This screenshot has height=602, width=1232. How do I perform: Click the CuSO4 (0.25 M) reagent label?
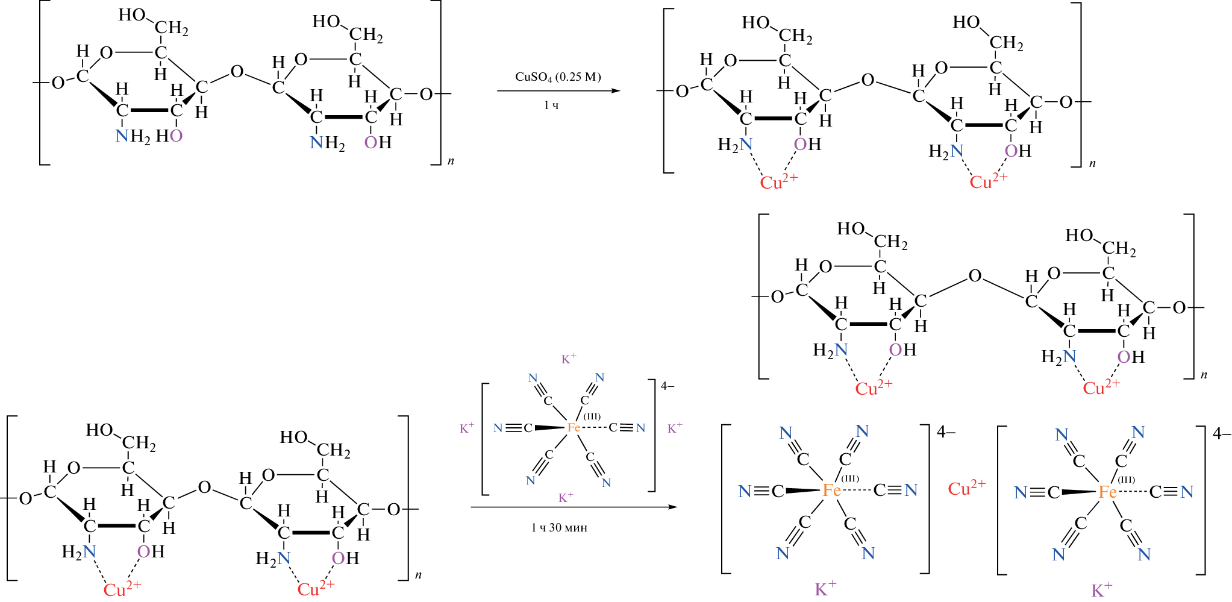tap(557, 77)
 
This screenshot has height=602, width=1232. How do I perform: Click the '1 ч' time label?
tap(551, 105)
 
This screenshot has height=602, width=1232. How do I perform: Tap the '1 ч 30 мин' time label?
tap(559, 528)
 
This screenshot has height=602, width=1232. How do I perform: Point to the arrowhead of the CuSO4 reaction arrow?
tap(615, 91)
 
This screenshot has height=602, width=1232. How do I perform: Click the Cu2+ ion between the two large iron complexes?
tap(966, 488)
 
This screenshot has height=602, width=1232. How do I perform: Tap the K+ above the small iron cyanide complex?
tap(569, 359)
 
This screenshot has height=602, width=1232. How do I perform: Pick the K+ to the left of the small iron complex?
tap(467, 428)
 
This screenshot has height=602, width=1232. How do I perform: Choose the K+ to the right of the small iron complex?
tap(675, 428)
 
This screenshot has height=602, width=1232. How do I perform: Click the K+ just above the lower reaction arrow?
tap(566, 498)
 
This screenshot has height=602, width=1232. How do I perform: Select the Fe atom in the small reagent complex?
tap(573, 427)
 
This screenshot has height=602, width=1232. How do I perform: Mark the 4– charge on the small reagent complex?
tap(668, 386)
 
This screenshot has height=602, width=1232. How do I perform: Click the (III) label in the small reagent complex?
tap(592, 416)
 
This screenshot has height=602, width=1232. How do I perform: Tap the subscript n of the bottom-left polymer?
tap(418, 575)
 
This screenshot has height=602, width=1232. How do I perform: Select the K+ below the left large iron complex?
tap(825, 589)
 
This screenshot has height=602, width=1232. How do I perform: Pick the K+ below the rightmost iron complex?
tap(1101, 589)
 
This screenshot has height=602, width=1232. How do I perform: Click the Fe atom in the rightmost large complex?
tap(1107, 492)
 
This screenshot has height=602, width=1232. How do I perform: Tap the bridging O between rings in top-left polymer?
tap(237, 72)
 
